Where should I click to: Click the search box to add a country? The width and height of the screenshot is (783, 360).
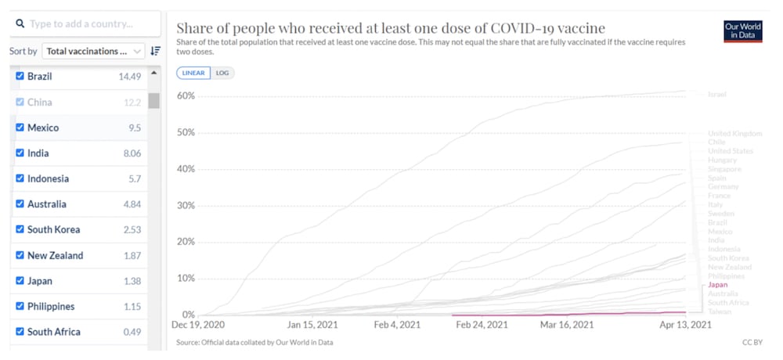point(86,23)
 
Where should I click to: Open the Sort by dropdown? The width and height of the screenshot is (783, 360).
point(93,52)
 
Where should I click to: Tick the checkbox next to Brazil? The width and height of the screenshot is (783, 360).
point(20,77)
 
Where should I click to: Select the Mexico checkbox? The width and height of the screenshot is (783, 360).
point(20,128)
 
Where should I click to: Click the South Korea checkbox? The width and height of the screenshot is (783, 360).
point(20,229)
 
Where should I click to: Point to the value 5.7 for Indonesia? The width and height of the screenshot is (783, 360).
point(135,178)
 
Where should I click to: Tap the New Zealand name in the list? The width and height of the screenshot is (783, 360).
point(55,255)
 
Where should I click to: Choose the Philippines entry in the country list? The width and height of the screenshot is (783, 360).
point(51,306)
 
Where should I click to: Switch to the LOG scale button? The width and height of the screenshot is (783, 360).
point(222,73)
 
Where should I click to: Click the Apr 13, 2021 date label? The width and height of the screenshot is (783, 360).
point(686,325)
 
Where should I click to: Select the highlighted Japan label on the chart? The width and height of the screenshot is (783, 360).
point(717,285)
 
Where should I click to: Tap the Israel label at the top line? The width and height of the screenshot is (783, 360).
point(716,95)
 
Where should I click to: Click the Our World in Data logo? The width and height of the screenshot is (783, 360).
point(742,31)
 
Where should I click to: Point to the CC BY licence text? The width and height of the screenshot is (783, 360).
point(752,342)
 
